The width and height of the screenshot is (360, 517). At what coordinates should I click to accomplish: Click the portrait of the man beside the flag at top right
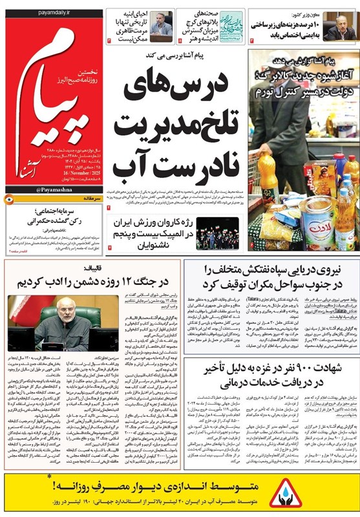click(x=340, y=26)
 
